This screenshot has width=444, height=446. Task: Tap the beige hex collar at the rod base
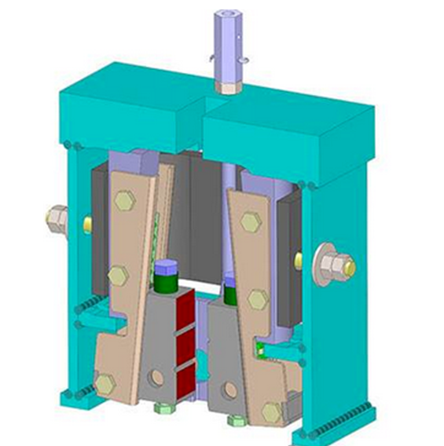[x=229, y=84]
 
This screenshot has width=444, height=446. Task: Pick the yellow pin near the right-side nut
[x=299, y=260]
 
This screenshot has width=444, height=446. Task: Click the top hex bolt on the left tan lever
[x=125, y=201]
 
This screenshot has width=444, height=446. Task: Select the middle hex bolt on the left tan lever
[x=118, y=275]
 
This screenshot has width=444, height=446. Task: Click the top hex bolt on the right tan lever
[x=250, y=222]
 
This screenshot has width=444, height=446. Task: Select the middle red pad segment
[x=185, y=345]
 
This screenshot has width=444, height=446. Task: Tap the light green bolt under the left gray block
[x=163, y=408]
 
